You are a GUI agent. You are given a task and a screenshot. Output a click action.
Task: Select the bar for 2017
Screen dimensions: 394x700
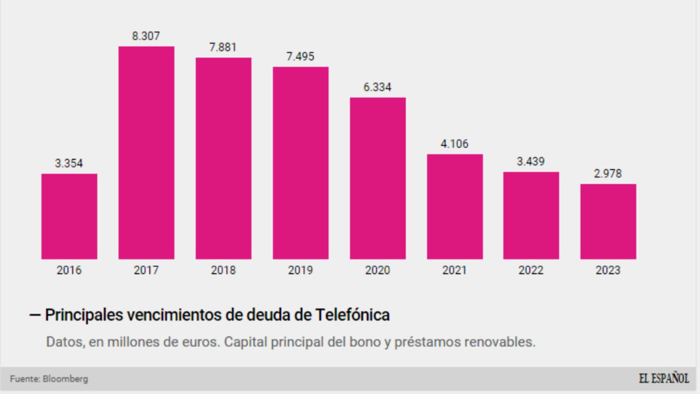coord(146,153)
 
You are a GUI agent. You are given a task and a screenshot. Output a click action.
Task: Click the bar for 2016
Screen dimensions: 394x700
coord(69,216)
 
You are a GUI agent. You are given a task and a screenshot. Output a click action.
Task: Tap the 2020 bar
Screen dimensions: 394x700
coord(377,178)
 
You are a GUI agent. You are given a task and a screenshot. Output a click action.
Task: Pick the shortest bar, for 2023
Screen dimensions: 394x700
coord(608,222)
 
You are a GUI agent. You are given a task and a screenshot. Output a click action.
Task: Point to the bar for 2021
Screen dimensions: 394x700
coord(455,206)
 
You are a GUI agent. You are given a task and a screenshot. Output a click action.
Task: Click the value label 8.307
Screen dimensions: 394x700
coord(146,36)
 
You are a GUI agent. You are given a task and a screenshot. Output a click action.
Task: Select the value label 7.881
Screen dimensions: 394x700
coord(223,47)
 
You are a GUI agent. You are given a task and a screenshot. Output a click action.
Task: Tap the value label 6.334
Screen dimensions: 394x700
coord(377,87)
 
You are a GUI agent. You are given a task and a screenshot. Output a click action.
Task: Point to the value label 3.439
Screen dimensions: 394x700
coord(531,161)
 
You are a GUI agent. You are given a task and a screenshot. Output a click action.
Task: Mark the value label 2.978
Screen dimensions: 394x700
coord(608,174)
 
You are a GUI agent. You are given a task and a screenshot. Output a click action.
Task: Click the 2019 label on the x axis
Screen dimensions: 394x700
coord(300,270)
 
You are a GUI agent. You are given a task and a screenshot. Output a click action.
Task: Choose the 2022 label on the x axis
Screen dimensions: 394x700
coord(531,270)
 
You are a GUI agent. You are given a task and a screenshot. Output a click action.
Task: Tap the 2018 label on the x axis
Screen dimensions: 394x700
coord(223,270)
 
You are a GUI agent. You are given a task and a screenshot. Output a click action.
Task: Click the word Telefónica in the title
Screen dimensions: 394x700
coord(352,315)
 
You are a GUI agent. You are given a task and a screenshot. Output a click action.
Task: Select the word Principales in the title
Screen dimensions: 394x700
coord(84,315)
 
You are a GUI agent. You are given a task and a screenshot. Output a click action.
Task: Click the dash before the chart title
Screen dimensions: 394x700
coord(35,315)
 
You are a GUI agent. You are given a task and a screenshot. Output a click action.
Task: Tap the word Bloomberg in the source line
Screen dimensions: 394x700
coord(65,379)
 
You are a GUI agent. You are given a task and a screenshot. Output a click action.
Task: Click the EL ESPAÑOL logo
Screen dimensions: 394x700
coord(663,378)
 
